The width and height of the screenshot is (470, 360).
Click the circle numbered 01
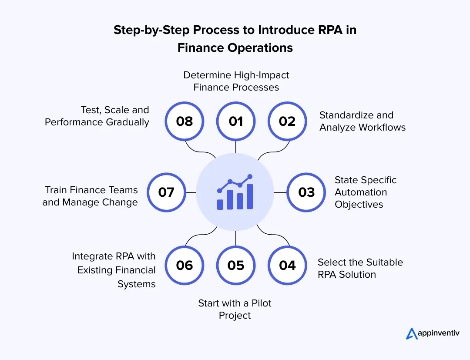pyautogui.click(x=235, y=121)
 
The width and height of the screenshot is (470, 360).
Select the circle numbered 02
pyautogui.click(x=287, y=121)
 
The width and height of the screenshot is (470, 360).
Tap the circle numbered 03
pyautogui.click(x=306, y=192)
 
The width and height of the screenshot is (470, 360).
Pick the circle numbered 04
pyautogui.click(x=287, y=266)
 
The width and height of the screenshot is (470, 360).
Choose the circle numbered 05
pyautogui.click(x=235, y=266)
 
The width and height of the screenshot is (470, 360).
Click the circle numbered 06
pyautogui.click(x=184, y=266)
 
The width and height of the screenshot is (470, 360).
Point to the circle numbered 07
pyautogui.click(x=166, y=192)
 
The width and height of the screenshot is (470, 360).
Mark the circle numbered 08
pyautogui.click(x=184, y=121)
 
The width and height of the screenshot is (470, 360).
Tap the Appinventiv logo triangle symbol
pyautogui.click(x=412, y=333)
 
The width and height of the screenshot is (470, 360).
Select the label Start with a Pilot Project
pyautogui.click(x=235, y=309)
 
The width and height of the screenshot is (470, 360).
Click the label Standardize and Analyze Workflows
pyautogui.click(x=362, y=121)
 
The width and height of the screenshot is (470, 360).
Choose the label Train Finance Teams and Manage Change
pyautogui.click(x=90, y=196)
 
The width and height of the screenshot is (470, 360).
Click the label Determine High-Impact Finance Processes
pyautogui.click(x=236, y=81)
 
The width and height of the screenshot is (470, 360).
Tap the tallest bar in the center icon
pyautogui.click(x=250, y=197)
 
